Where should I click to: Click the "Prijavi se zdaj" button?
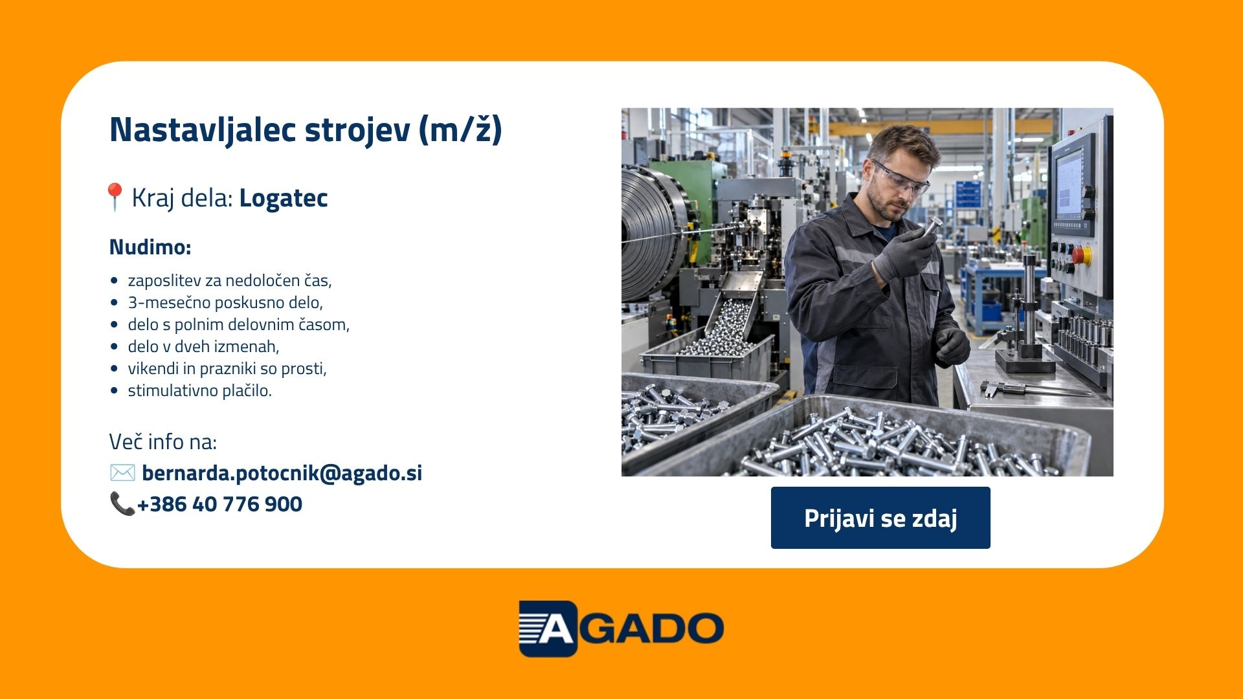tap(880, 518)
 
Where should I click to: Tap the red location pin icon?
tap(115, 196)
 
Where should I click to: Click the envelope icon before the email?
tap(122, 472)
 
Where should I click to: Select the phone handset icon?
tap(122, 504)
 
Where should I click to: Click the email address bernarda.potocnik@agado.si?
tap(282, 473)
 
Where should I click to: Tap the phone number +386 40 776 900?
tap(219, 504)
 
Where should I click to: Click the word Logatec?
tap(284, 198)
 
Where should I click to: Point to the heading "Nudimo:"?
tap(150, 247)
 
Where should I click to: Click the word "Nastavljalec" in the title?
tap(203, 129)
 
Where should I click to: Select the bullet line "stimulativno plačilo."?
tap(199, 390)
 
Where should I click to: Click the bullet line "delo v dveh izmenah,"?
tap(203, 346)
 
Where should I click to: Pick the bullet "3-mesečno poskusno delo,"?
tap(225, 302)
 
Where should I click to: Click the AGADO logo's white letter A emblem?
tap(548, 628)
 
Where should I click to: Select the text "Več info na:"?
tap(163, 441)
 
